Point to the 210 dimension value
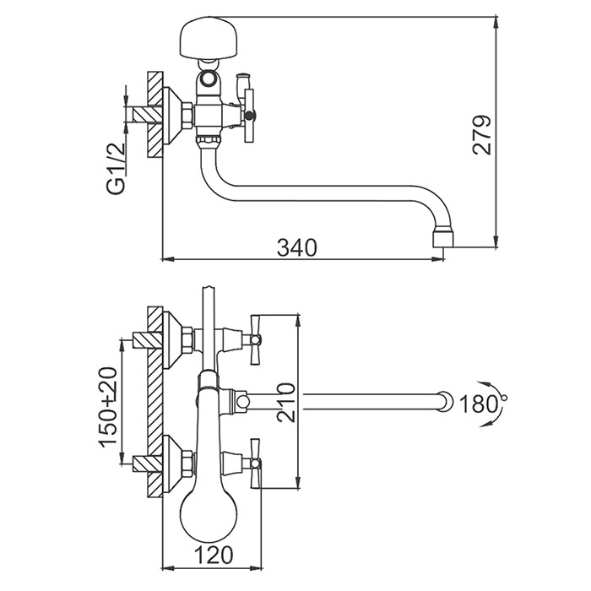point(285,402)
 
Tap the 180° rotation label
point(480,404)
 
